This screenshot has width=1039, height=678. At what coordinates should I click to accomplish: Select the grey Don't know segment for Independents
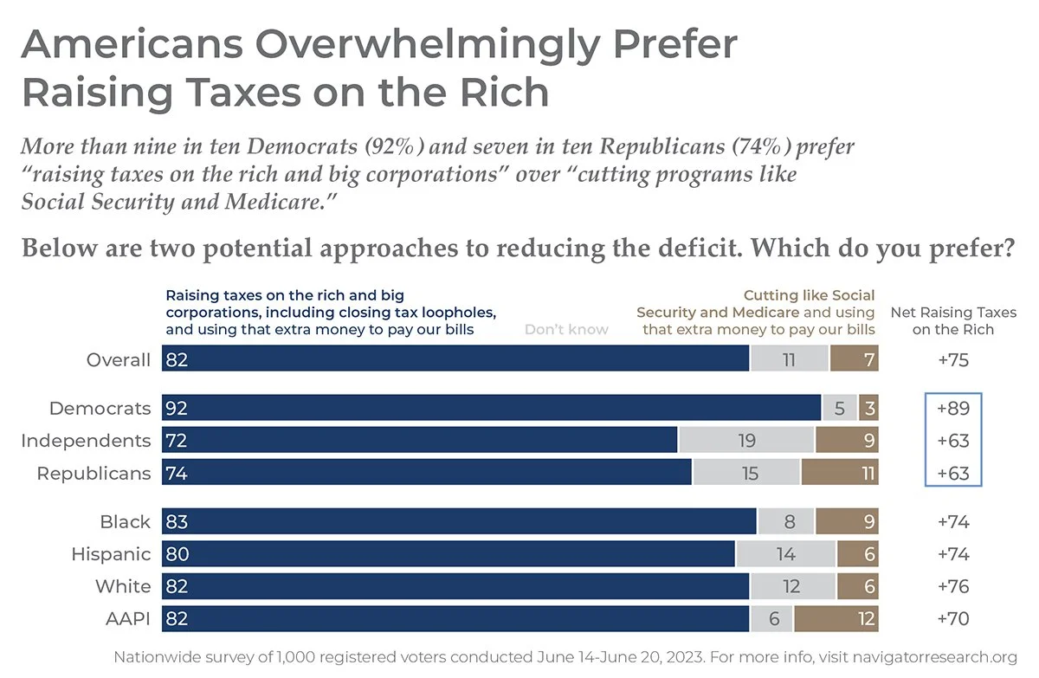tap(746, 441)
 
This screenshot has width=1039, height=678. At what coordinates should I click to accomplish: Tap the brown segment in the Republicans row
tap(840, 473)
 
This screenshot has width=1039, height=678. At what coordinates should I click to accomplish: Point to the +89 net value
tap(953, 408)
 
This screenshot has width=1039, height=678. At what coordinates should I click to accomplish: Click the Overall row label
tap(119, 359)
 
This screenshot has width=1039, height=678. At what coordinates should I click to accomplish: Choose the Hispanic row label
tap(111, 554)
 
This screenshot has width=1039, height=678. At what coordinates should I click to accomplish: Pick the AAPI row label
tap(126, 618)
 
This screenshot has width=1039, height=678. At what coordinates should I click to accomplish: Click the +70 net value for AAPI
tap(953, 618)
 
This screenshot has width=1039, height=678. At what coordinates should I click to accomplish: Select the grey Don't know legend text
tap(566, 329)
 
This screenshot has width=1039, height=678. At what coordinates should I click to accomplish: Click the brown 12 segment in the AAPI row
tap(836, 618)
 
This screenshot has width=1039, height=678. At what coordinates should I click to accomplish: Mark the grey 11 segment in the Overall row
tap(789, 359)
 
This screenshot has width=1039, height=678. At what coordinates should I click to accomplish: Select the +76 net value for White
tap(953, 586)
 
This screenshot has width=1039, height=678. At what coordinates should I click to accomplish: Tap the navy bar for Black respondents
tap(459, 522)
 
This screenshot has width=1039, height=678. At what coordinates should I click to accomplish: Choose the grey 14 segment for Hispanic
tap(785, 554)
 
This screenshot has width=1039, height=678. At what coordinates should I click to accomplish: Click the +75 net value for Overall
tap(953, 359)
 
